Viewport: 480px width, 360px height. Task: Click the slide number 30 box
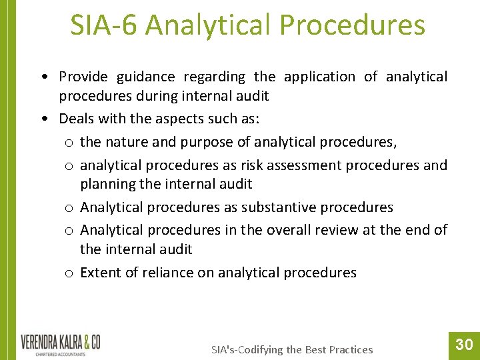pyautogui.click(x=464, y=344)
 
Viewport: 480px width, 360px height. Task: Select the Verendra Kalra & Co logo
pyautogui.click(x=61, y=345)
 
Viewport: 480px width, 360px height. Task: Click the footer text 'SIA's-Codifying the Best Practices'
pyautogui.click(x=292, y=349)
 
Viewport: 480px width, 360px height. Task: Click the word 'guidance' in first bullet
pyautogui.click(x=145, y=77)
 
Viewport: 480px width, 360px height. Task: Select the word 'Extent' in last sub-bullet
pyautogui.click(x=100, y=272)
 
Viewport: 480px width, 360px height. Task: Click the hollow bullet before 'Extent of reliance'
pyautogui.click(x=69, y=273)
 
